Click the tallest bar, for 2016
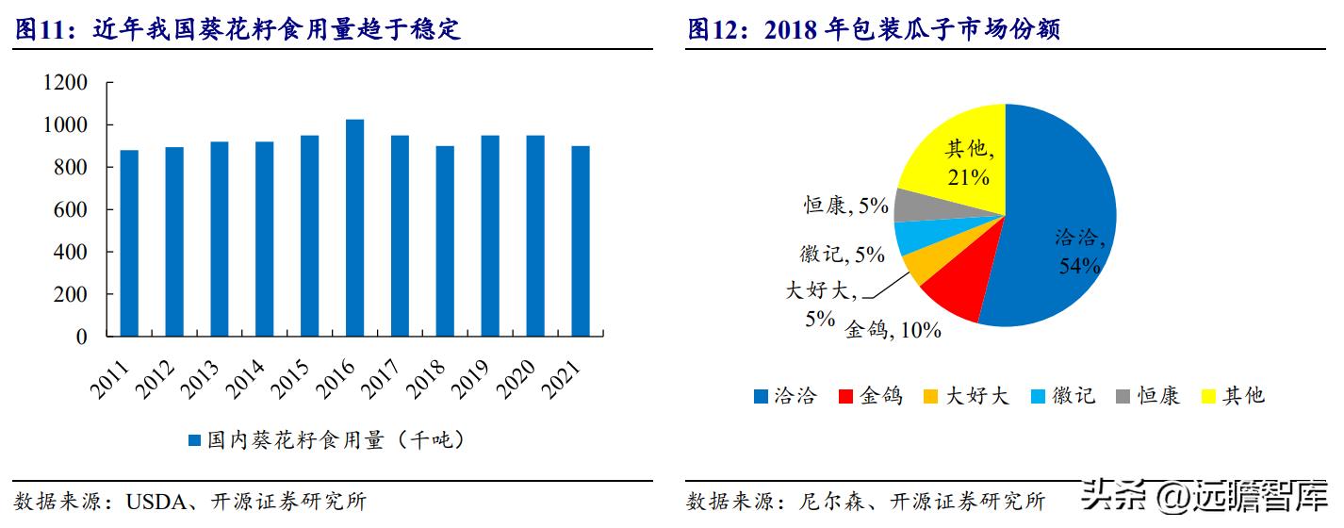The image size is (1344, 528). pos(355,227)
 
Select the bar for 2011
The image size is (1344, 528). pos(129,243)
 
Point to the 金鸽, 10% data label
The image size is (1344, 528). pos(892,330)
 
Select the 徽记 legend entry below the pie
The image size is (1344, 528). pos(1064,396)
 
